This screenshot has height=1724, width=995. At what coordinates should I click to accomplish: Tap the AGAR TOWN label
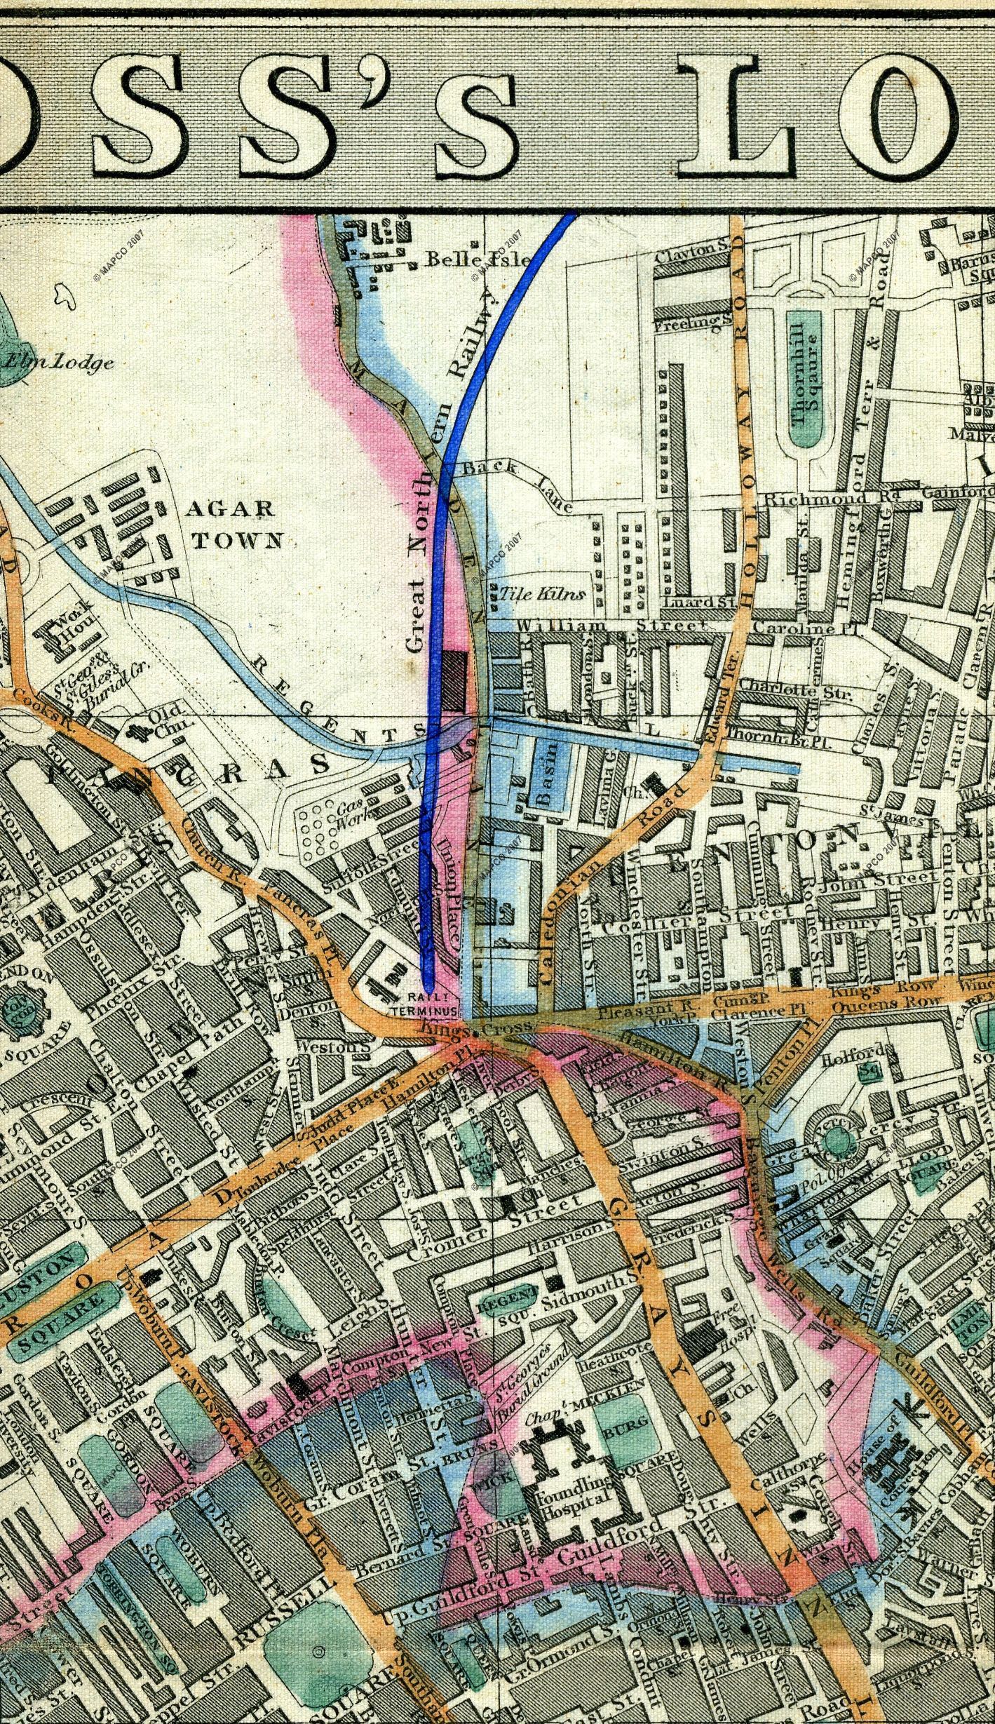234,524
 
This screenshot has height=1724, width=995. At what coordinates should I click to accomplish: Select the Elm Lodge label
59,363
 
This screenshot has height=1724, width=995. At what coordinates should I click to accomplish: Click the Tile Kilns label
542,594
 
